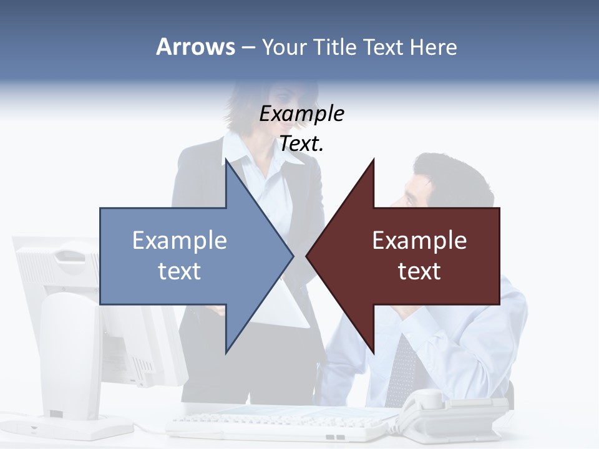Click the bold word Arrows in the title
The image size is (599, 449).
[x=195, y=47]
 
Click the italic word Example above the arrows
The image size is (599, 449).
[x=302, y=113]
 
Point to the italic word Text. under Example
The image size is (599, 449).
[x=302, y=143]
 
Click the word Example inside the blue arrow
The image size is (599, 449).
[x=180, y=240]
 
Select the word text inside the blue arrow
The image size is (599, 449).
[x=180, y=271]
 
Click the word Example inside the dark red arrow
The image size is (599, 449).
[x=419, y=240]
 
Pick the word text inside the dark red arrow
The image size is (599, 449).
[x=419, y=271]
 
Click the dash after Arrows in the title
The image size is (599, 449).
[x=248, y=47]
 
